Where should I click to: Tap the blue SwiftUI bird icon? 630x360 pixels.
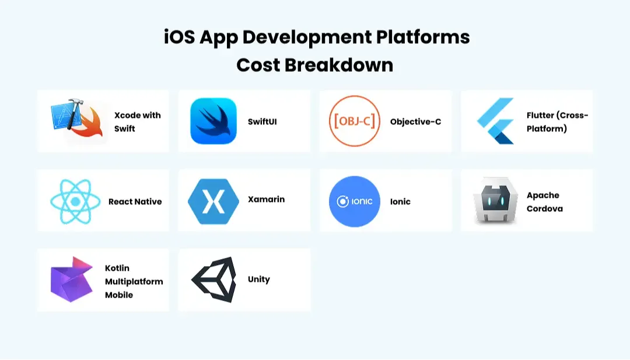tap(213, 121)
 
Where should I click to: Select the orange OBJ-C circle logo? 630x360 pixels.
tap(355, 121)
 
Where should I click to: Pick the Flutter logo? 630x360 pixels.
tap(496, 121)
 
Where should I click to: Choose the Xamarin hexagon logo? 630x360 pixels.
tap(213, 201)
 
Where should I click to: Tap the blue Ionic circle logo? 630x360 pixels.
tap(355, 201)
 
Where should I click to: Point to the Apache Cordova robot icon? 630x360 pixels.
tap(496, 201)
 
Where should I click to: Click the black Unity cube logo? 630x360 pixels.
tap(213, 279)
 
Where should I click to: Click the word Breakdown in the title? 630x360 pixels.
tap(338, 64)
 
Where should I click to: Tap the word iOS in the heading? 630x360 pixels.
tap(178, 37)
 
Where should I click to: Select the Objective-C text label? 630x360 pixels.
tap(415, 121)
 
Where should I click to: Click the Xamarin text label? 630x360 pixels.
tap(266, 199)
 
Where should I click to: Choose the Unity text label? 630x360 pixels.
tap(258, 279)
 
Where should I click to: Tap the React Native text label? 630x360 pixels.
tap(135, 201)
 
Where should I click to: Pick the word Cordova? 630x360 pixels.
tap(544, 208)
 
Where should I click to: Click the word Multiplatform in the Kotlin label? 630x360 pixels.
tap(134, 281)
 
